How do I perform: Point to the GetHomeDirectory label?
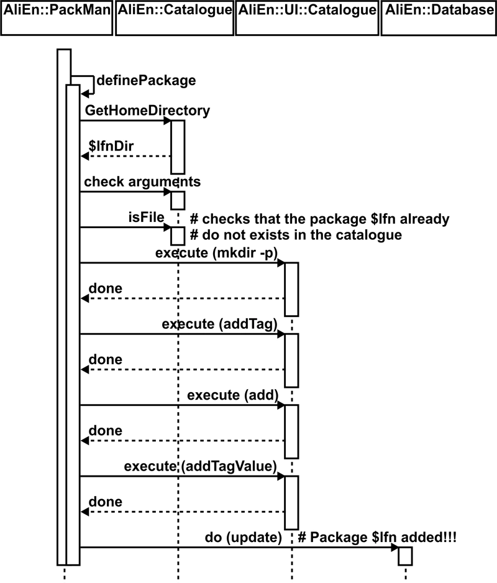tap(147, 111)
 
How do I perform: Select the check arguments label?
tap(142, 182)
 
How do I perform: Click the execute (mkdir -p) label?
tap(217, 253)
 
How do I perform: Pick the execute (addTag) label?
tap(219, 324)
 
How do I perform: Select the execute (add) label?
tap(232, 395)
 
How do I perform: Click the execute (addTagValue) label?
tap(200, 466)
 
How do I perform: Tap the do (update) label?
tap(244, 536)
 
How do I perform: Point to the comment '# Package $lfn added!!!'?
tap(377, 536)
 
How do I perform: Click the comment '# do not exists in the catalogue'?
tap(296, 235)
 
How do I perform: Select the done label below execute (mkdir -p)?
tap(106, 289)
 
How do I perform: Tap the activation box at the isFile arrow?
tap(178, 235)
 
